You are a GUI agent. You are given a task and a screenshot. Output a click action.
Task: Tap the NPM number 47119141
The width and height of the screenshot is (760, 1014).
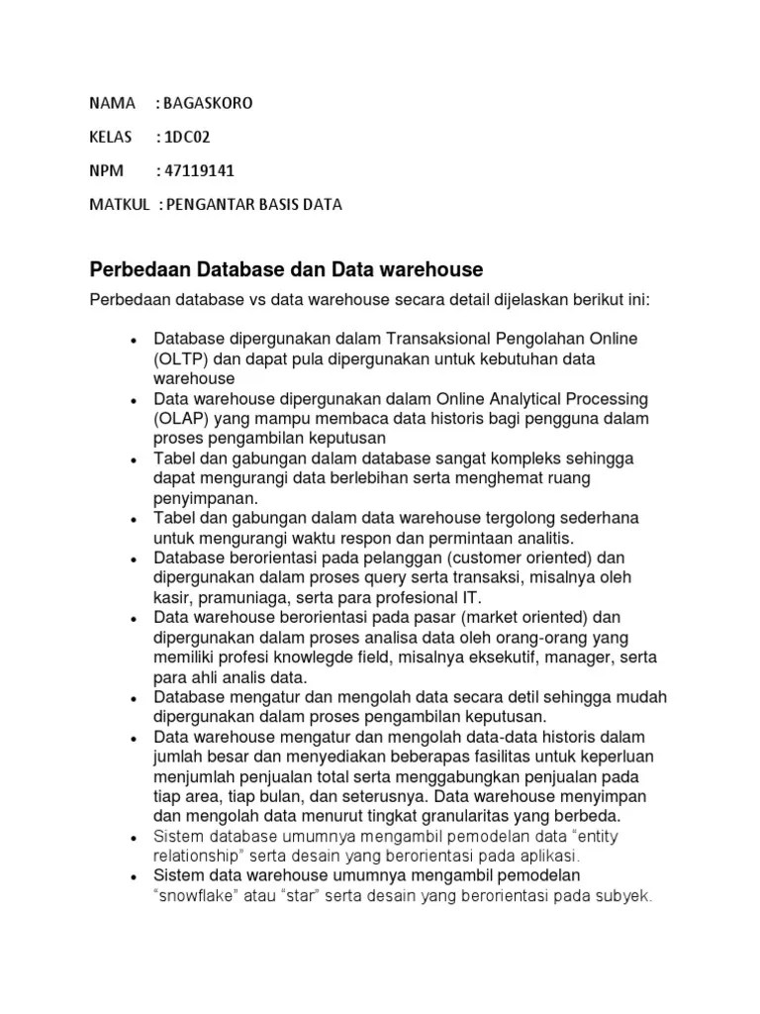point(199,170)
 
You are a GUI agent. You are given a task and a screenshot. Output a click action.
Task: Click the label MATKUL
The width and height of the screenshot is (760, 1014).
point(119,205)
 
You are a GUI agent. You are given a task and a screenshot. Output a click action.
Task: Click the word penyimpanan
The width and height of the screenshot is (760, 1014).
point(204,499)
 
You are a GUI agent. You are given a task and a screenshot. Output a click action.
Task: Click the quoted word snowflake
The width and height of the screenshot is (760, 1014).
point(197,897)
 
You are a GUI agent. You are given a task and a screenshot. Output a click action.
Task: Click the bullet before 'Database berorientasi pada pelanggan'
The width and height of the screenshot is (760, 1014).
point(133,558)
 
